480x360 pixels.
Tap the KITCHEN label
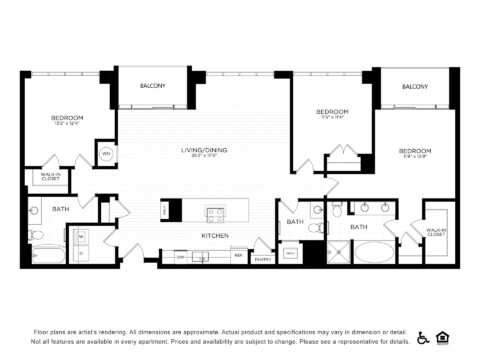pyautogui.click(x=216, y=235)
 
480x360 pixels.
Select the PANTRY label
pyautogui.click(x=263, y=259)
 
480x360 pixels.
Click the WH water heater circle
pyautogui.click(x=106, y=154)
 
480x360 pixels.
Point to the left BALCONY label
pyautogui.click(x=153, y=86)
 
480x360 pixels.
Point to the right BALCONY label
pyautogui.click(x=415, y=87)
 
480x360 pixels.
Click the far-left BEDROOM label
pyautogui.click(x=67, y=118)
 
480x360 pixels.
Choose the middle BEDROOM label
pyautogui.click(x=331, y=110)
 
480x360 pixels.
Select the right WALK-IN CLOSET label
pyautogui.click(x=437, y=232)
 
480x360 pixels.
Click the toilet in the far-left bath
pyautogui.click(x=35, y=236)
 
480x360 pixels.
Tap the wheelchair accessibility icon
pyautogui.click(x=423, y=337)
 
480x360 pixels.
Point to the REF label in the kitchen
pyautogui.click(x=238, y=256)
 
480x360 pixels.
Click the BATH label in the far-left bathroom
pyautogui.click(x=60, y=209)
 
